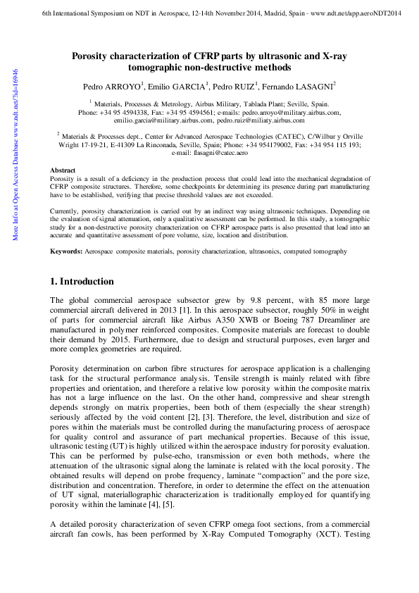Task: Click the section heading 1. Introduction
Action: (82, 282)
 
